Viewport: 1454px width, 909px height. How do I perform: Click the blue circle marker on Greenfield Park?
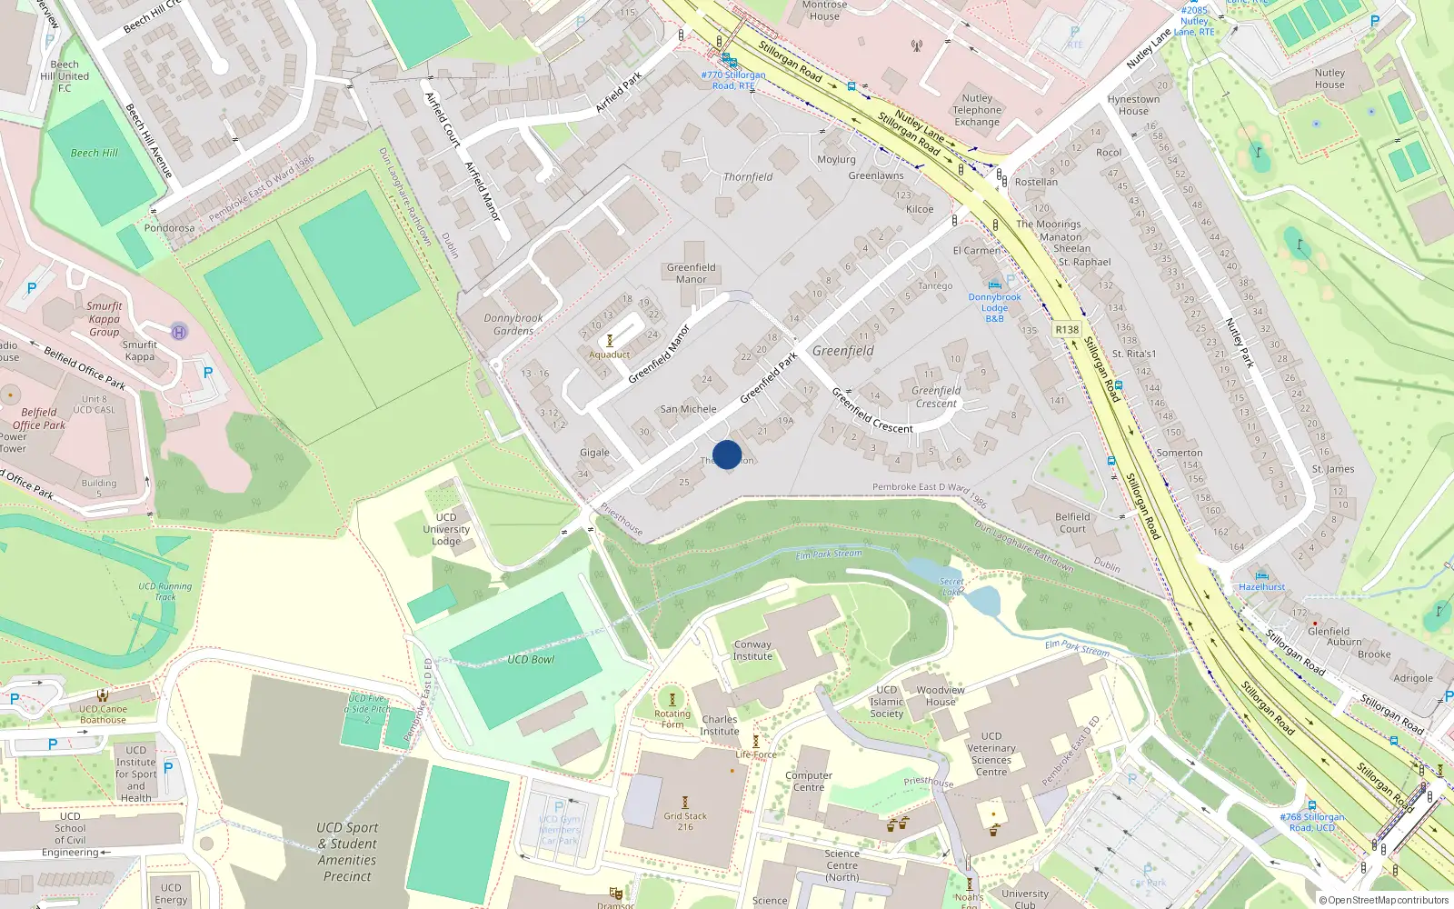click(727, 454)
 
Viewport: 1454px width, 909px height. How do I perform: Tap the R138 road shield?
click(1067, 330)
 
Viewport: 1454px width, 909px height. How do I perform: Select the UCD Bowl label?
click(531, 660)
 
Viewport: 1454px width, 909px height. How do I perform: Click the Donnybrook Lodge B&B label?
click(994, 307)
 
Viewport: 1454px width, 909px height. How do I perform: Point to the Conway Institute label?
click(752, 650)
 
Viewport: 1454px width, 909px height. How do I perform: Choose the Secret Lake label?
click(951, 586)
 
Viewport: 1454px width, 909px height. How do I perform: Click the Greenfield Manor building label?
click(691, 273)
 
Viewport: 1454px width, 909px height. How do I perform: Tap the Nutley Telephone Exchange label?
click(977, 110)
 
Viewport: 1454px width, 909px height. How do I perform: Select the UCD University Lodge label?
click(446, 529)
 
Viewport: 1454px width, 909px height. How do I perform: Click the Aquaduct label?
click(609, 355)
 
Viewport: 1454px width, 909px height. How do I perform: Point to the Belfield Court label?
click(1072, 523)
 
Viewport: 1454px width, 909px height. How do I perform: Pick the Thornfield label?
click(748, 177)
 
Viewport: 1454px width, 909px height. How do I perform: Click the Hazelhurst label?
click(1261, 587)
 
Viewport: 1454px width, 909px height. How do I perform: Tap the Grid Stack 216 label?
click(685, 821)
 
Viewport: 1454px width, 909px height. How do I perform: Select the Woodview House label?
click(941, 695)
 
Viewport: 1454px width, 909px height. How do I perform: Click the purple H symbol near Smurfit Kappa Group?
click(179, 332)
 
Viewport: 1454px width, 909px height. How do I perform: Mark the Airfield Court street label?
click(443, 119)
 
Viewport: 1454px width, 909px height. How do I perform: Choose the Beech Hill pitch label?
click(95, 153)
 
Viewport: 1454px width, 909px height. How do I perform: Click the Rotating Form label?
click(672, 719)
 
